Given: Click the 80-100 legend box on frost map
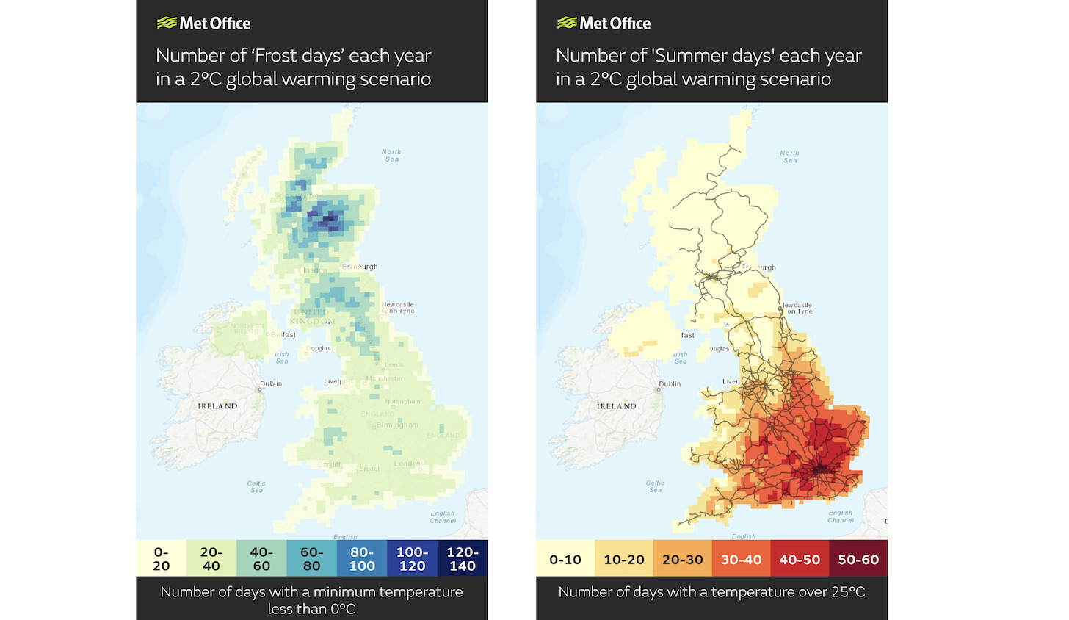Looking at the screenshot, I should click(361, 558).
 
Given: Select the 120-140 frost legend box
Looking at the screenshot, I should click(462, 558).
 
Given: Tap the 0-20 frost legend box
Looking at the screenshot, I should click(161, 558).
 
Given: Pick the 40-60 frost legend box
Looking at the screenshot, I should click(261, 558).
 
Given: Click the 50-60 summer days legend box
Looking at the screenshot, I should click(858, 560).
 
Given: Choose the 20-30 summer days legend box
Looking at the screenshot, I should click(682, 560).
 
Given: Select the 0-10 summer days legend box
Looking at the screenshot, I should click(565, 560).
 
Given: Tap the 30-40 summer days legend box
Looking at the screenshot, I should click(741, 560).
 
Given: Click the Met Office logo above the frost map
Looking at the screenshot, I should click(204, 24).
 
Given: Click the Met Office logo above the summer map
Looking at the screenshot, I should click(604, 24).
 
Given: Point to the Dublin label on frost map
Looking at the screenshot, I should click(271, 383).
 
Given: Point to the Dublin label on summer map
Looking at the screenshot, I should click(670, 383).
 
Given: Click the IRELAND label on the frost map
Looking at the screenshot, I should click(217, 406).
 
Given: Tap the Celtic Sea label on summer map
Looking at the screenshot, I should click(655, 486).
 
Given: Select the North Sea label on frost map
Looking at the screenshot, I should click(391, 155).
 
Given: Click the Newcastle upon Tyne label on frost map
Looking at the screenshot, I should click(399, 307).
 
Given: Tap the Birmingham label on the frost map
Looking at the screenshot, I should click(397, 425).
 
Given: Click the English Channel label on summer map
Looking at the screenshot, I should click(841, 516).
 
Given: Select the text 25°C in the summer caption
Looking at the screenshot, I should click(847, 592).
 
